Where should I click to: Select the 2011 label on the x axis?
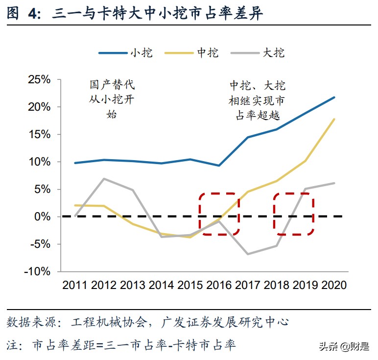tap(75, 285)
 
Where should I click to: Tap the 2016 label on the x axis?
tap(219, 285)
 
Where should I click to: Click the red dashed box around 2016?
tap(219, 214)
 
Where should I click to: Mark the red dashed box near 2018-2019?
tap(293, 214)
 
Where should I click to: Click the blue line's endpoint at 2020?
tap(334, 97)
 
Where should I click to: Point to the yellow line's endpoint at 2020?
tap(334, 119)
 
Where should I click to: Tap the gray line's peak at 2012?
tap(104, 178)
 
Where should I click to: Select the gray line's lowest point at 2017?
tap(248, 254)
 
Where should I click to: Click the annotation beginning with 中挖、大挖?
tap(257, 100)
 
